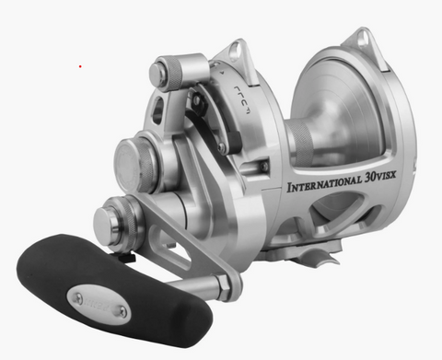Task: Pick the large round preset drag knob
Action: [x=137, y=164]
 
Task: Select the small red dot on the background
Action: [x=80, y=66]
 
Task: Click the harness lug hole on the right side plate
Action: [x=357, y=40]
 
